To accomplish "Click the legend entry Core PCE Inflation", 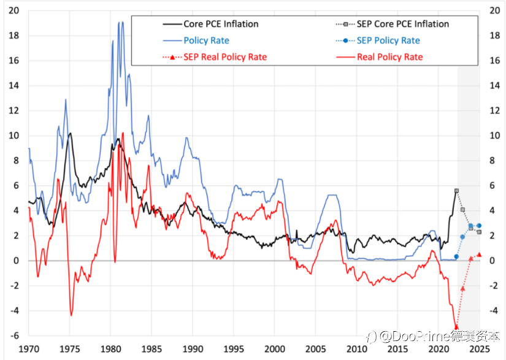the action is [221, 24].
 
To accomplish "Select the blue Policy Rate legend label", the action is [206, 40].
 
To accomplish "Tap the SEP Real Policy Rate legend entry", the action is [225, 57].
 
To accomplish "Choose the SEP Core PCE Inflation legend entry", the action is [403, 24].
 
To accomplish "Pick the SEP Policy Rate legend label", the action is [388, 40].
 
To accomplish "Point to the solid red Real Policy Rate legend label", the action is [390, 57].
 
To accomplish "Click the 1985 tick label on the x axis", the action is [151, 349].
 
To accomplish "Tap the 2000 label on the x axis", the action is [274, 349].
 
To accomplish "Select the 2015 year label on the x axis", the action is [397, 349].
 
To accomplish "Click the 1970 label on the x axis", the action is [29, 349].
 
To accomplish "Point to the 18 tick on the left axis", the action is [14, 36].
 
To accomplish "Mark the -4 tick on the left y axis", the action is [14, 311].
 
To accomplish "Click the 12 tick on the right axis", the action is [495, 110].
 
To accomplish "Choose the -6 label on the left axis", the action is [14, 335].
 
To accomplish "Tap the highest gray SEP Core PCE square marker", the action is [456, 191].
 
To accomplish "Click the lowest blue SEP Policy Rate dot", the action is [456, 256].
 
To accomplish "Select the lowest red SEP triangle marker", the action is [456, 327].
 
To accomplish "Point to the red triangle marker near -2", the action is [462, 288].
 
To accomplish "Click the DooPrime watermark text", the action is [434, 337].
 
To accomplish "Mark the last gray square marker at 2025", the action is [479, 232].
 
